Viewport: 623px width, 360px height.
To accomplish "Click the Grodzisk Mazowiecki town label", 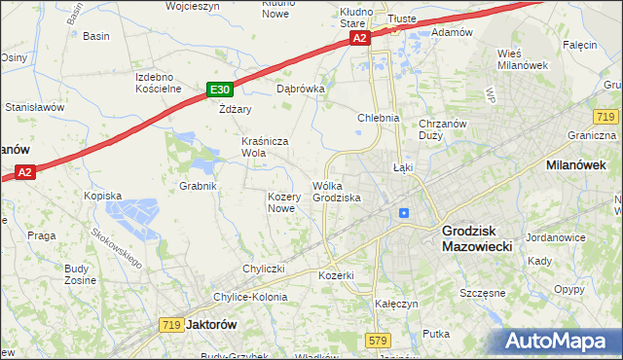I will point(484,238).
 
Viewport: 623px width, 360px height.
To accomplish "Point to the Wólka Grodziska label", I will point(337,191).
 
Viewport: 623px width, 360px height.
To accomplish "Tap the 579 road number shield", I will point(379,340).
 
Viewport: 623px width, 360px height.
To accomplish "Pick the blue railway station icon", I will point(403,213).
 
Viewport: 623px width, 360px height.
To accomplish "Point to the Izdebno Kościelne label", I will point(159,82).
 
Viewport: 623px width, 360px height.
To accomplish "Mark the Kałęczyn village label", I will point(396,304).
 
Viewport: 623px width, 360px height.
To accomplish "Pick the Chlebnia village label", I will point(379,118).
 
